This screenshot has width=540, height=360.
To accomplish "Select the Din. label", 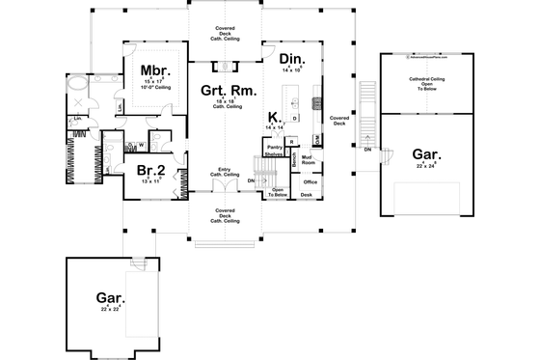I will [x=292, y=61].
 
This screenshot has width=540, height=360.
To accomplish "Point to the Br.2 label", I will [x=149, y=169].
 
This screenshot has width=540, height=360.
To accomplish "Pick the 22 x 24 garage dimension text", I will [x=426, y=166].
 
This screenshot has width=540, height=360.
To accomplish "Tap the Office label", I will [x=310, y=180].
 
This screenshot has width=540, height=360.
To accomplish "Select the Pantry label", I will [x=273, y=148].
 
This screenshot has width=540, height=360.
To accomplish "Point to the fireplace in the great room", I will [x=225, y=67].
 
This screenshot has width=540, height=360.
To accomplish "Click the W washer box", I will [x=141, y=147].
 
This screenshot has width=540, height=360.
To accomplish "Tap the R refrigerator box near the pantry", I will [x=290, y=142].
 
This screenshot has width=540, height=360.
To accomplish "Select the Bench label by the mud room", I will [x=293, y=160].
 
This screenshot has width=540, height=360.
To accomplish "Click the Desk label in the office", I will [x=306, y=195].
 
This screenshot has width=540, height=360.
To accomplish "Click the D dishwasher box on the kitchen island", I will [x=294, y=119].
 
